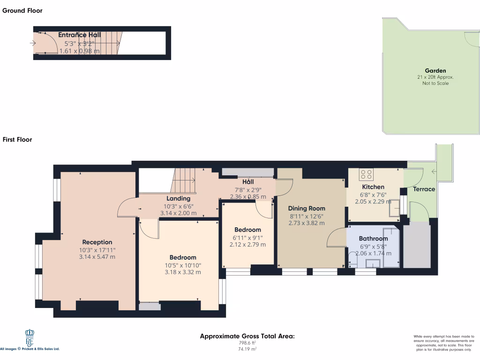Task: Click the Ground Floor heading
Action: [22, 10]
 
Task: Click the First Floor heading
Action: [17, 139]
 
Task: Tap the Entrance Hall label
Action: [79, 35]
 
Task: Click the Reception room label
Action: [97, 242]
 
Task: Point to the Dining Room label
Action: [306, 209]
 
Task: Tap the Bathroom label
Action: [374, 239]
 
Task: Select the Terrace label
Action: [424, 189]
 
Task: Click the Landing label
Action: [178, 199]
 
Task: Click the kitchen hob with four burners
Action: [366, 175]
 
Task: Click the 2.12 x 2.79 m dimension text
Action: [247, 245]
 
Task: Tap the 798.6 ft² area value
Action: [247, 343]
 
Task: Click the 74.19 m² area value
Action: [247, 349]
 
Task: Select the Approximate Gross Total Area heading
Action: [247, 336]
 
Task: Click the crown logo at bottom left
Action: [30, 336]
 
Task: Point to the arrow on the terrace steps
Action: [434, 172]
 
